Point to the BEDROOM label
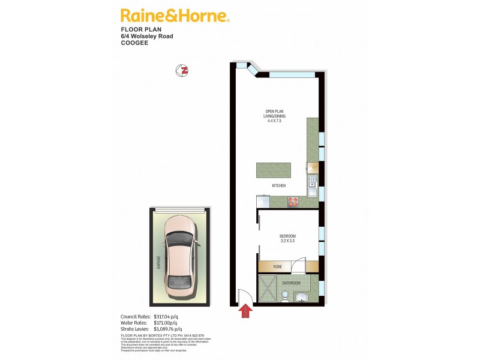(x=288, y=236)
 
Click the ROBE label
(x=278, y=265)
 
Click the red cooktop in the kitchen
(x=293, y=202)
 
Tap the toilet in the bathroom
(x=286, y=296)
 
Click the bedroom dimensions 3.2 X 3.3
(x=288, y=242)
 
